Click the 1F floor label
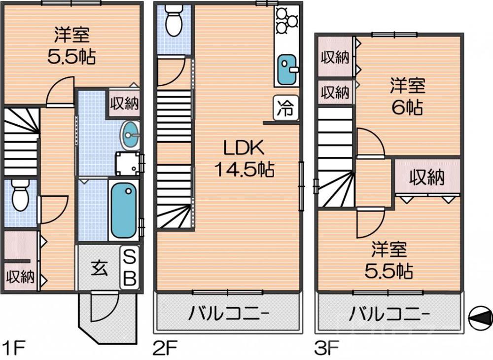click(x=13, y=348)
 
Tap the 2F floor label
click(x=165, y=348)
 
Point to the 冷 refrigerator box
click(x=286, y=108)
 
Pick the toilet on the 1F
click(x=20, y=194)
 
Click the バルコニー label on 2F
click(x=228, y=314)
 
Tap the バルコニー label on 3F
click(x=389, y=314)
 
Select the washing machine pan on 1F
click(x=127, y=163)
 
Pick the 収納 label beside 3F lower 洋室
click(x=427, y=177)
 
